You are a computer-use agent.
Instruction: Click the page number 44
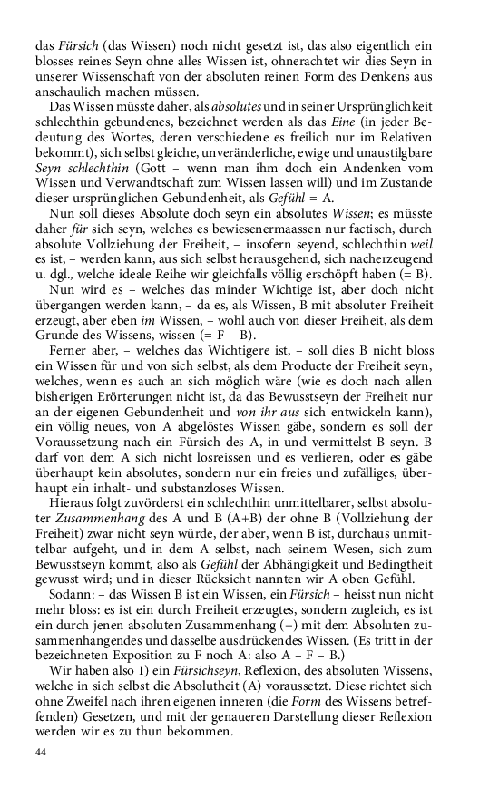40,753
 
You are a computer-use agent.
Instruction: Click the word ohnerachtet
309,60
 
